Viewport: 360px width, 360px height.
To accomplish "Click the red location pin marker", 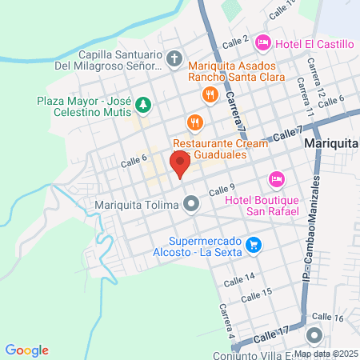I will pos(180,164).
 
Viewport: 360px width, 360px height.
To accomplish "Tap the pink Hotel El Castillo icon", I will pos(262,41).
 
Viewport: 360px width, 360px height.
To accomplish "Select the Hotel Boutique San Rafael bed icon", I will pos(276,178).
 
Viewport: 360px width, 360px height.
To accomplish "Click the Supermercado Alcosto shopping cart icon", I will pos(254,244).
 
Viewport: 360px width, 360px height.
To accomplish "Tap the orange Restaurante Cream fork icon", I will pos(193,122).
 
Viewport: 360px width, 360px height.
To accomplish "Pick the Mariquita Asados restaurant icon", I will pos(210,94).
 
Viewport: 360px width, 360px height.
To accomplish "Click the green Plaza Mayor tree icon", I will pos(142,103).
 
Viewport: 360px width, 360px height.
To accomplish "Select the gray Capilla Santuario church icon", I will pos(175,58).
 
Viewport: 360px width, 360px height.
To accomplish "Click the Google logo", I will pos(27,350).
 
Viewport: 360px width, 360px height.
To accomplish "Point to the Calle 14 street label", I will pos(239,278).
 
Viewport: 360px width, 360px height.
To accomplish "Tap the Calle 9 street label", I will pos(222,190).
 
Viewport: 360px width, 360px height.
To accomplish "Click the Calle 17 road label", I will pos(273,330).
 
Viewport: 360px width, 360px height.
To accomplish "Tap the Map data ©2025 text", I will pos(326,354).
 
